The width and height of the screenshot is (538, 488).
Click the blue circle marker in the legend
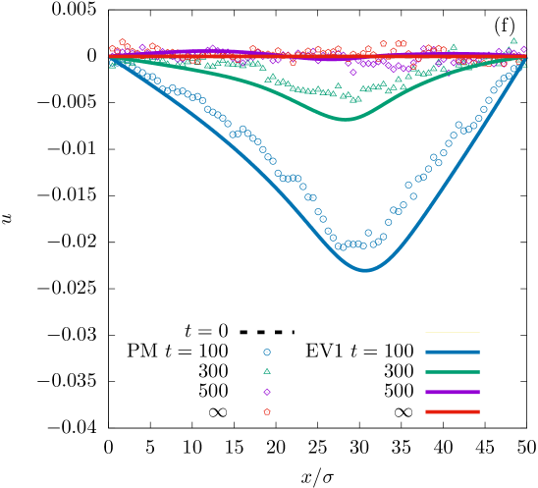coord(267,352)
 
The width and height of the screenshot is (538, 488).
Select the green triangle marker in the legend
coord(267,371)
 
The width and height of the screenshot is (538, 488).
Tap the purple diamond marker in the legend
coord(267,392)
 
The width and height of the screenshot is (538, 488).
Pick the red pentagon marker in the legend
coord(267,412)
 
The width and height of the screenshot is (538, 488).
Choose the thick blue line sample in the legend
coord(453,352)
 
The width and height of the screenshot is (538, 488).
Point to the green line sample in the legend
coord(453,372)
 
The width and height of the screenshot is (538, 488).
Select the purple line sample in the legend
coord(453,392)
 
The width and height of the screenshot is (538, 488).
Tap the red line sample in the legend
coord(453,412)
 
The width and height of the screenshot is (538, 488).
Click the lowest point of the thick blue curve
coord(366,269)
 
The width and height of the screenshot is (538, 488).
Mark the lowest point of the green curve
coord(346,119)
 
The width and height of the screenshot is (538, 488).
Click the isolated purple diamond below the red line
coord(353,72)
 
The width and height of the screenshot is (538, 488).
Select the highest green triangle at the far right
coord(513,41)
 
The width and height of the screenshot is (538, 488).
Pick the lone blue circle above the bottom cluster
coord(368,233)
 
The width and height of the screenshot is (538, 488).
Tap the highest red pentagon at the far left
coord(122,42)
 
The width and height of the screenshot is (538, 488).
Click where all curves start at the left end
coord(111,58)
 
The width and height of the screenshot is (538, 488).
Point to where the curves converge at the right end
coord(523,57)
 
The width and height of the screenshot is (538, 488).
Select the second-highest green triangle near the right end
coord(454,46)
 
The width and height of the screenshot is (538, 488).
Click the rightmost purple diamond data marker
coord(523,48)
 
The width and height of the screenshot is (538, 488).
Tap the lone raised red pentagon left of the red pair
coord(383,43)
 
